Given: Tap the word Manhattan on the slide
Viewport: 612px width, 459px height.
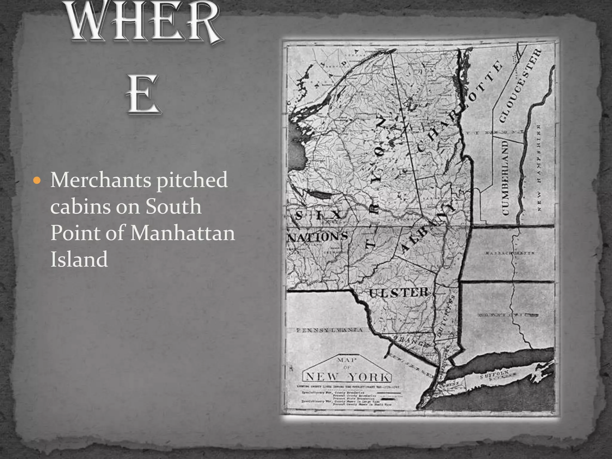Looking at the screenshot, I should tap(182, 233).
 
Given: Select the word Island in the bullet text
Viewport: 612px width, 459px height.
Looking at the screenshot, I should tap(79, 259).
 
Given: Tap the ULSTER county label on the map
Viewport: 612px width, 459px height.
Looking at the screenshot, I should tap(399, 293).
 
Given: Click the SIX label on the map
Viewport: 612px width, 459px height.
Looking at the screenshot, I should tap(318, 215).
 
